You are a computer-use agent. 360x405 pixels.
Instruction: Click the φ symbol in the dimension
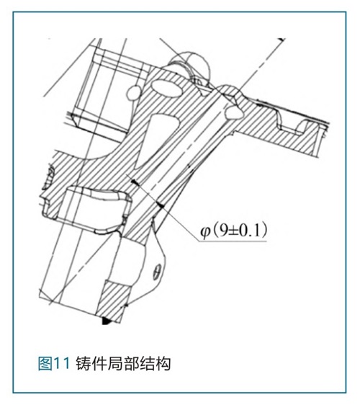point(205,232)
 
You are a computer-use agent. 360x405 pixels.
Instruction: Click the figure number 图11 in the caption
point(54,364)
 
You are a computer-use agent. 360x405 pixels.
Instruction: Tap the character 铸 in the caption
point(84,364)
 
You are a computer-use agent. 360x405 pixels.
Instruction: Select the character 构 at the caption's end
point(163,364)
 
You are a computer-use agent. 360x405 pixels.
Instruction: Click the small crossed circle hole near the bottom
point(157,272)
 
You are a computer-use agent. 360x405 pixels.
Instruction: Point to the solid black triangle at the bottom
point(106,321)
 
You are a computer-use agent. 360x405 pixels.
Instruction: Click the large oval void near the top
point(167,89)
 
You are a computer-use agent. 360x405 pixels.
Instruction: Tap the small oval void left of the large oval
point(133,93)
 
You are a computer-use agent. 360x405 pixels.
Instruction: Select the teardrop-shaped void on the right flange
point(234,113)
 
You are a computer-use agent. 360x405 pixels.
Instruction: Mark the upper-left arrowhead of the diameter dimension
point(135,182)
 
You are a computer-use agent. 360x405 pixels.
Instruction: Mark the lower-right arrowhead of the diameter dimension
point(161,205)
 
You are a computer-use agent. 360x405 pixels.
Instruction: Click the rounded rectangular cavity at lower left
point(97,210)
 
